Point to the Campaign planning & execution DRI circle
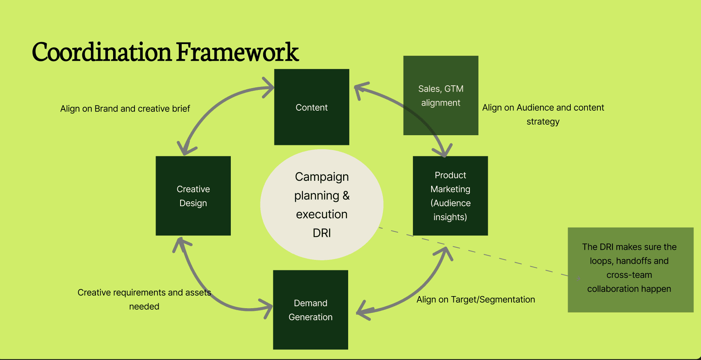(x=322, y=204)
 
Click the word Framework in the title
(x=237, y=52)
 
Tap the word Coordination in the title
(x=101, y=52)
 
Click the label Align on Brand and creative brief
(x=125, y=109)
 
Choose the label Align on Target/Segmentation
(x=476, y=300)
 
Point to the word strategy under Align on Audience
(x=543, y=122)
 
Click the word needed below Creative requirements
(x=144, y=307)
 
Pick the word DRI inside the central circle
(x=322, y=233)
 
